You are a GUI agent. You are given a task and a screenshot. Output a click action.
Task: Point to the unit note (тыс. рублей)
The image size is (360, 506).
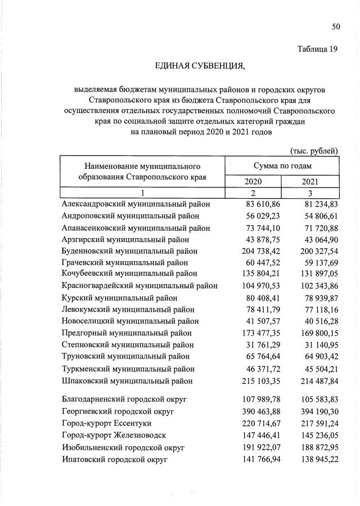coord(314,150)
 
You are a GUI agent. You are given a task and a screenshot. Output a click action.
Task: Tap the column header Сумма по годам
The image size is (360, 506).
coord(282,166)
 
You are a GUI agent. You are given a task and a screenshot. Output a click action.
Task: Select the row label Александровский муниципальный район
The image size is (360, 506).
coord(136,204)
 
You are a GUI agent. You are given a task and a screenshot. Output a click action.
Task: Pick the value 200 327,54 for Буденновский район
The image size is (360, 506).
coord(312,250)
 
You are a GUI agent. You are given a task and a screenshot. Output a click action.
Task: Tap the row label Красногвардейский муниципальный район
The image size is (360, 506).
coord(139,286)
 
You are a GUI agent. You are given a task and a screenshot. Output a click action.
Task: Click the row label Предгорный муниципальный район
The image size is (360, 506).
coord(128,333)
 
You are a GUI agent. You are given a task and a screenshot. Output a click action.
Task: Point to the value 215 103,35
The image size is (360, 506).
coord(254,381)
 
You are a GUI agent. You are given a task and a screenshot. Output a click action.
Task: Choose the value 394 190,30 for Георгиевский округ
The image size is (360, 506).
coord(312,411)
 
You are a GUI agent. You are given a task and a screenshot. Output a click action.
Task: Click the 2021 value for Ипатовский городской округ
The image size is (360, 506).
coord(312,459)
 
